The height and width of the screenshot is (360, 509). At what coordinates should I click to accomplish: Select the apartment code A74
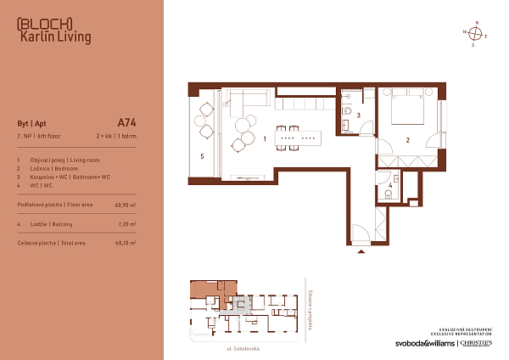pyautogui.click(x=126, y=121)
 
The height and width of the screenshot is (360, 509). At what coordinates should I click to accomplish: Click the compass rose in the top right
pyautogui.click(x=477, y=34)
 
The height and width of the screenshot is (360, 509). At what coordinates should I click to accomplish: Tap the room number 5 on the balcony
pyautogui.click(x=202, y=156)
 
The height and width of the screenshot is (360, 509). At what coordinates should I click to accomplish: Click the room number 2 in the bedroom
pyautogui.click(x=407, y=140)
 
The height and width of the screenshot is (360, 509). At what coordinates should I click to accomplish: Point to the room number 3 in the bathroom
pyautogui.click(x=358, y=115)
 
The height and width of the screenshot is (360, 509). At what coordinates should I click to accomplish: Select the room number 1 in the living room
pyautogui.click(x=265, y=138)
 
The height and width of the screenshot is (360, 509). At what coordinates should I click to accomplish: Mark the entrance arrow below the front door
pyautogui.click(x=363, y=251)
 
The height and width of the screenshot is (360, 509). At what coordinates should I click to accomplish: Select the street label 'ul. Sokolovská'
pyautogui.click(x=243, y=349)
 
